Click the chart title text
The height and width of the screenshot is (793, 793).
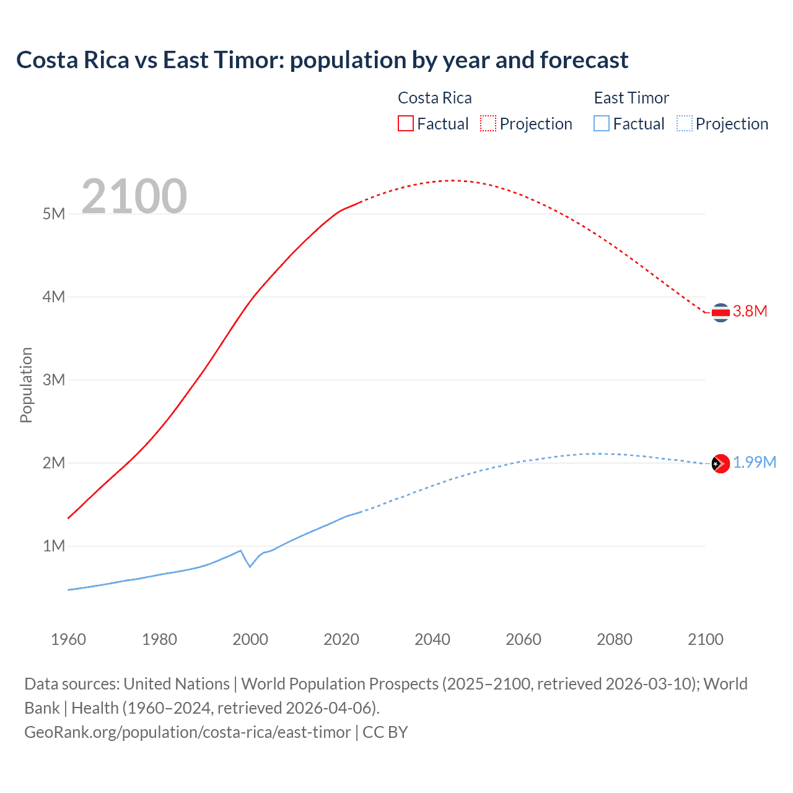click(322, 60)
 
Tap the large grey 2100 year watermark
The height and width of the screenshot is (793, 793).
click(134, 196)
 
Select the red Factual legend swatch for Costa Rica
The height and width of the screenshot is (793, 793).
click(405, 123)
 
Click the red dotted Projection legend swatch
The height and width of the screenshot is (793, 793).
click(488, 123)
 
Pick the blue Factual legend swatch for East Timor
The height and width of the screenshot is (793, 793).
click(601, 123)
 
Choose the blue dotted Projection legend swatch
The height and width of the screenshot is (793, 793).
click(684, 123)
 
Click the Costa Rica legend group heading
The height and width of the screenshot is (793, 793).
click(434, 98)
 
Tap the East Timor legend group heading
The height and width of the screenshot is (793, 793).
click(631, 98)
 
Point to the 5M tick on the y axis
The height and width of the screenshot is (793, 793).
click(54, 214)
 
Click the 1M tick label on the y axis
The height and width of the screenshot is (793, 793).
click(54, 546)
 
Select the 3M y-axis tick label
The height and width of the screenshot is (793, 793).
click(54, 380)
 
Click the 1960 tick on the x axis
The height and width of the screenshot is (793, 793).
click(68, 639)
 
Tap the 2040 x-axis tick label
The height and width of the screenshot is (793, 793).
click(432, 639)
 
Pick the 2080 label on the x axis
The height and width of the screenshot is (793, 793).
click(615, 639)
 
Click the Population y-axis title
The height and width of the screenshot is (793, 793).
click(26, 385)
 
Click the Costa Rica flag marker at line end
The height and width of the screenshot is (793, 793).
click(721, 313)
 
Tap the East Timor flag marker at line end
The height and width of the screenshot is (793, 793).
click(721, 463)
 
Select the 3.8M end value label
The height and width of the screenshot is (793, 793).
click(750, 311)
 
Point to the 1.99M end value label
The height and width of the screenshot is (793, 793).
click(755, 463)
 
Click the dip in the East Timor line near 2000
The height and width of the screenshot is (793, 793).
click(250, 566)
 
